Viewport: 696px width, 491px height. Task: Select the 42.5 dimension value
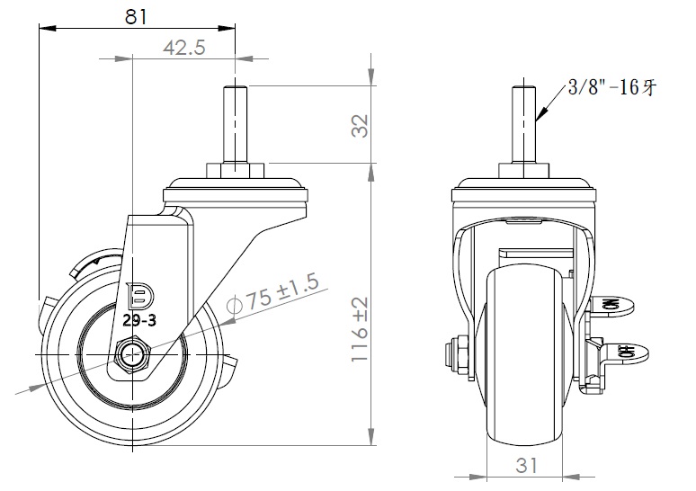pos(184,49)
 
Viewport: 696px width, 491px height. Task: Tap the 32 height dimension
pos(359,125)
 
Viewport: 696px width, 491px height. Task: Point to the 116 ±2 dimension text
pos(360,328)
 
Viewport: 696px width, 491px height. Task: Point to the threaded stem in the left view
pos(235,121)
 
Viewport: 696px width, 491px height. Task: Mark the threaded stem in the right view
pos(523,121)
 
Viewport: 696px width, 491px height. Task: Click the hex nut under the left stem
pos(236,170)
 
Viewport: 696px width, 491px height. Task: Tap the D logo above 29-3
pos(140,294)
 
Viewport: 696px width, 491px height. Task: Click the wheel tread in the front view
pos(525,360)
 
